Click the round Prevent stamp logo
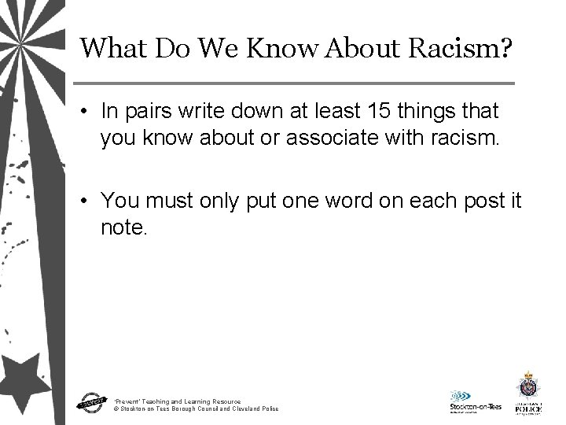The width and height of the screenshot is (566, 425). pos(91,401)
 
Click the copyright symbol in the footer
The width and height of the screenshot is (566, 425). pos(116,409)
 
